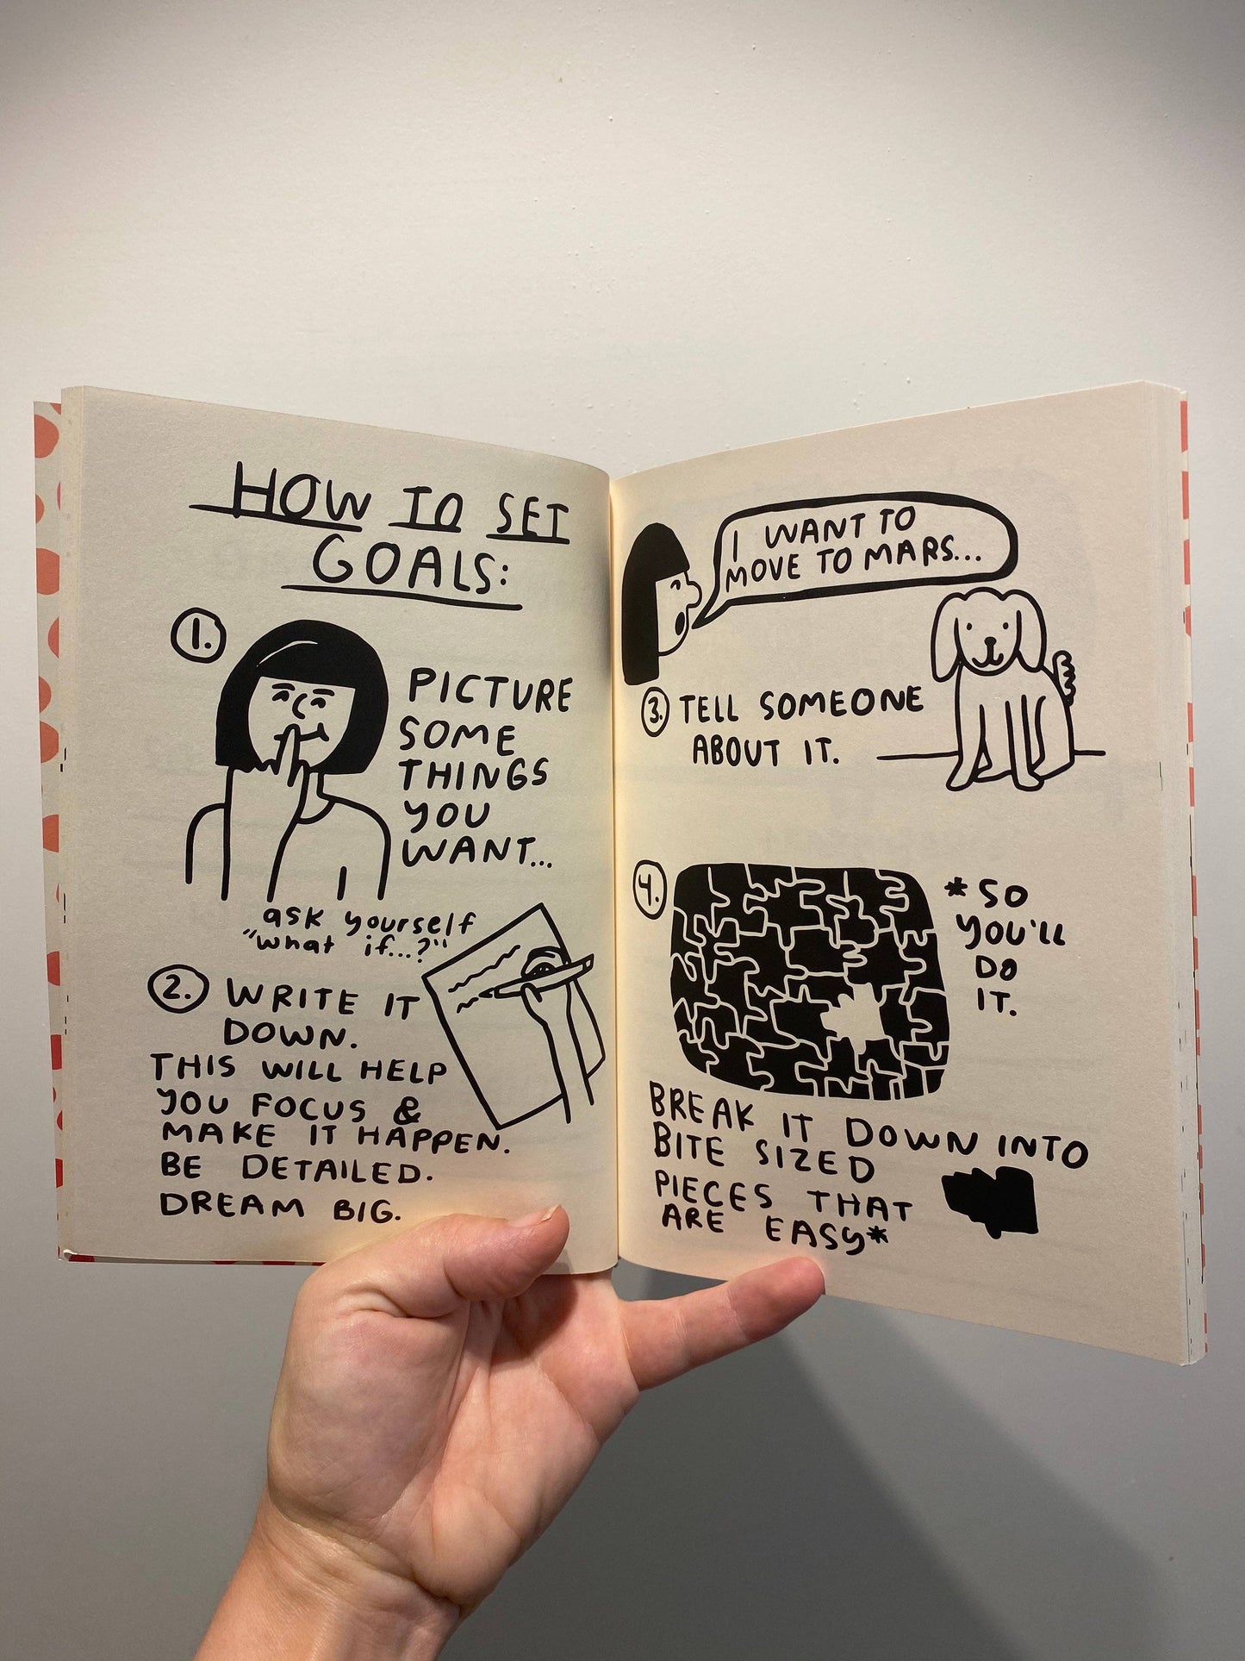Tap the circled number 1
point(197,637)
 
